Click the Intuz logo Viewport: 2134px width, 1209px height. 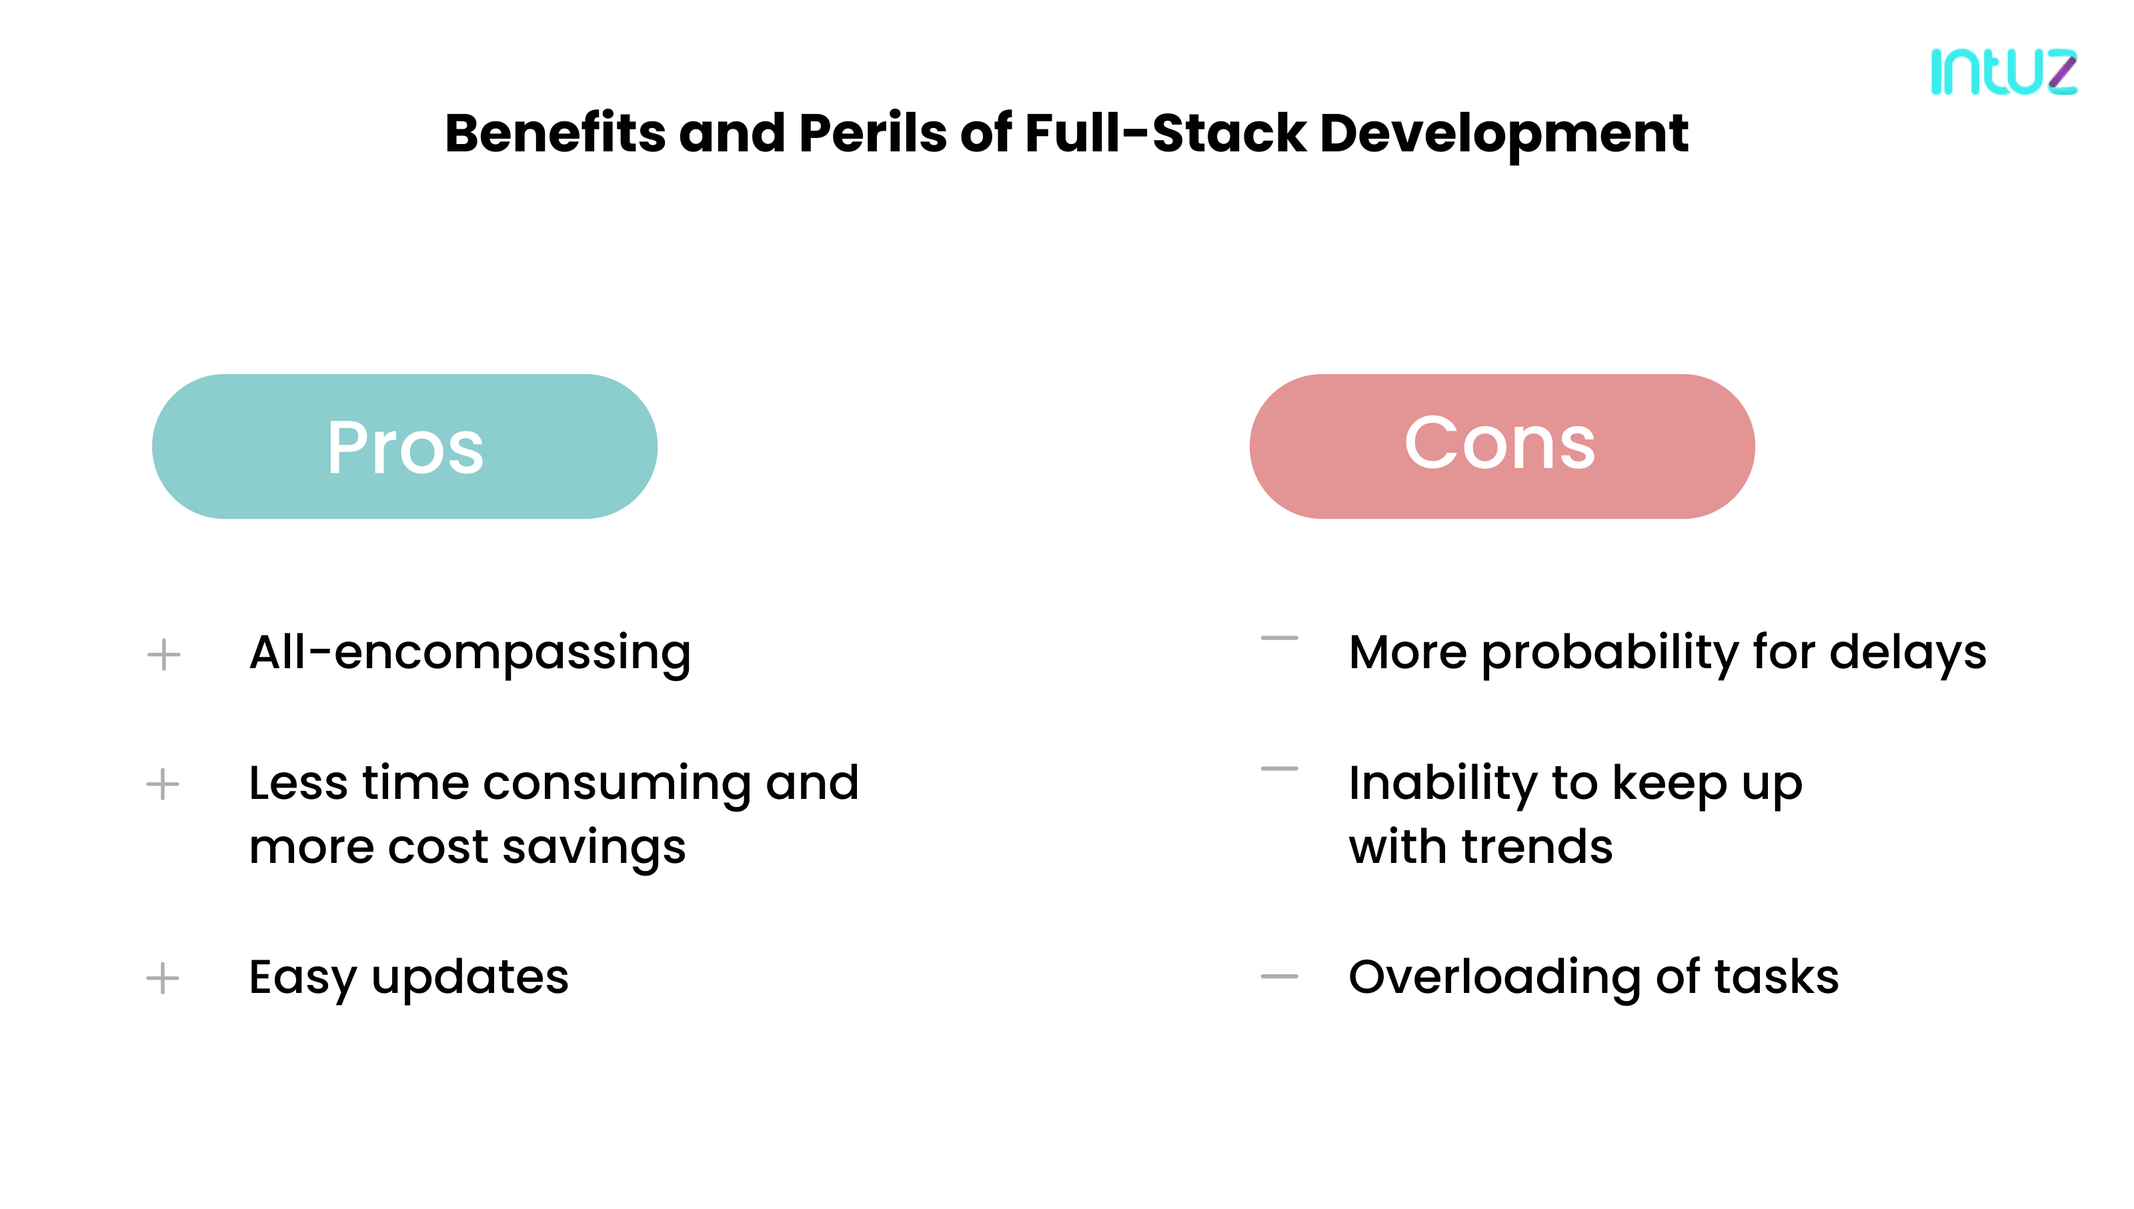[x=2004, y=72]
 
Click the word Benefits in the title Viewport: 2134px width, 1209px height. [x=555, y=133]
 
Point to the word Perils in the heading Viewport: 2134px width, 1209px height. [x=872, y=133]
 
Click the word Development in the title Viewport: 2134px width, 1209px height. [x=1503, y=133]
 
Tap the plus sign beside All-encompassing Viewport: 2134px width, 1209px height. [x=163, y=654]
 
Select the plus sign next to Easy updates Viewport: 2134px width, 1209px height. [x=163, y=978]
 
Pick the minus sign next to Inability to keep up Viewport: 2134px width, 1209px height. [x=1279, y=769]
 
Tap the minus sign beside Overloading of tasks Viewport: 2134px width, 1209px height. [x=1279, y=976]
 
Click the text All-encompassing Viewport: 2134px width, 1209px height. [x=470, y=653]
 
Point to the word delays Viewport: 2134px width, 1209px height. [x=1907, y=653]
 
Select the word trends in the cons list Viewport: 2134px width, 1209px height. [x=1537, y=847]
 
